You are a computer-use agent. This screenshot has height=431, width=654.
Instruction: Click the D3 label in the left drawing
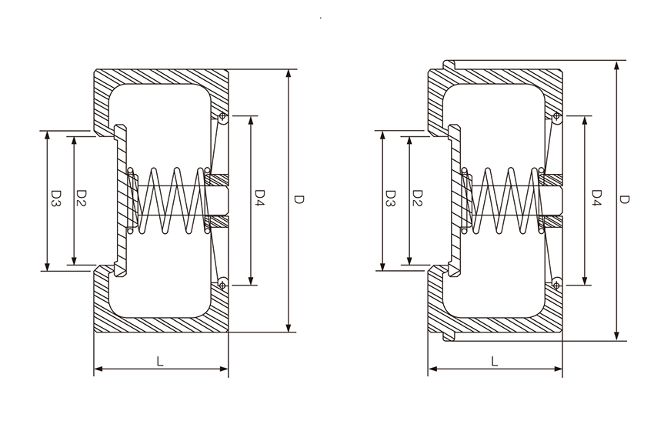pyautogui.click(x=56, y=199)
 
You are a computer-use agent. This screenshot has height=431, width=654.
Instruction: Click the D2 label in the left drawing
pyautogui.click(x=82, y=199)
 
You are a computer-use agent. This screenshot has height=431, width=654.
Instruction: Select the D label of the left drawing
pyautogui.click(x=299, y=199)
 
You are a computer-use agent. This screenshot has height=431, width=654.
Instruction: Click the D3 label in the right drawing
pyautogui.click(x=390, y=199)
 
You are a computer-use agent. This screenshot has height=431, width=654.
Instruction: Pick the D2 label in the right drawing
pyautogui.click(x=417, y=199)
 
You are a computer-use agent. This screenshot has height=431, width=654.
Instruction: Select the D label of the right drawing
pyautogui.click(x=625, y=199)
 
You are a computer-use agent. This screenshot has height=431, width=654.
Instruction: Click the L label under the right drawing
pyautogui.click(x=493, y=360)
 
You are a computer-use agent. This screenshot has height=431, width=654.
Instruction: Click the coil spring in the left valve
pyautogui.click(x=171, y=201)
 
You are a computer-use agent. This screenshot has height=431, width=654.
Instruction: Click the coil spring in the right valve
pyautogui.click(x=505, y=201)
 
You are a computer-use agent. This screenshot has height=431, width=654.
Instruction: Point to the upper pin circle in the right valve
pyautogui.click(x=556, y=117)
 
